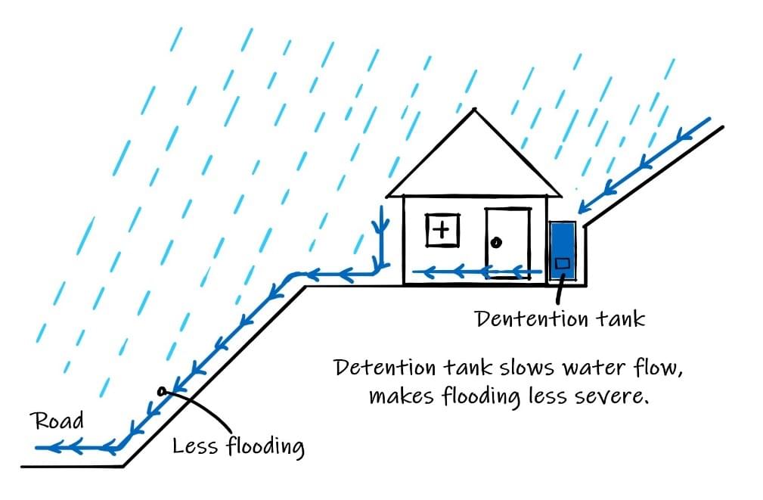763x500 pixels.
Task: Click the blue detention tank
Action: (x=563, y=250)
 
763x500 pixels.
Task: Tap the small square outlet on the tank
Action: (x=563, y=263)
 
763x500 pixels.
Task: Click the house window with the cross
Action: (x=443, y=229)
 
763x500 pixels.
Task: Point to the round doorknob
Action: (x=496, y=243)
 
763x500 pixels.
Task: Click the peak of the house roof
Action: (x=474, y=110)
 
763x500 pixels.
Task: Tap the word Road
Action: (x=58, y=421)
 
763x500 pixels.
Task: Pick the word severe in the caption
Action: (x=613, y=395)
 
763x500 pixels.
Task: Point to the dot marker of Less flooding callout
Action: (x=160, y=390)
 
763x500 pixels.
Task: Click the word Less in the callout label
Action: (x=195, y=445)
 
